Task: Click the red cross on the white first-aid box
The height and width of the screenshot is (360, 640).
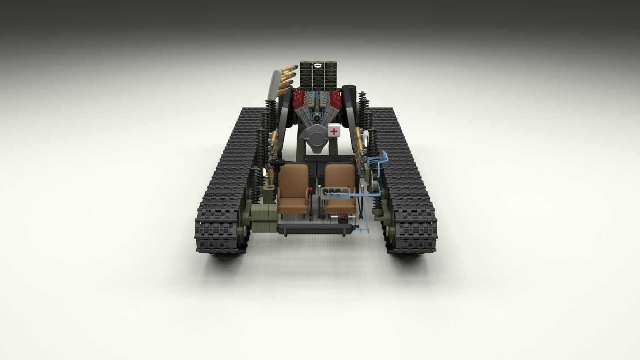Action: click(x=334, y=131)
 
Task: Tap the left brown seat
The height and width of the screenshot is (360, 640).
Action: click(x=293, y=187)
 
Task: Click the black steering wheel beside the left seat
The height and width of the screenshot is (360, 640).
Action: click(x=277, y=161)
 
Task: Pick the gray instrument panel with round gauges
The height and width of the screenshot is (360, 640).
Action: click(x=335, y=192)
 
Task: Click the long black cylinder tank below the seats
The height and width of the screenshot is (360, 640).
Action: click(x=315, y=229)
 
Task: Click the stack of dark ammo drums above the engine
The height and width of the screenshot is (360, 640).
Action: click(x=318, y=74)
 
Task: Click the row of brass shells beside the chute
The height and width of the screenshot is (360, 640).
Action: click(x=286, y=80)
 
